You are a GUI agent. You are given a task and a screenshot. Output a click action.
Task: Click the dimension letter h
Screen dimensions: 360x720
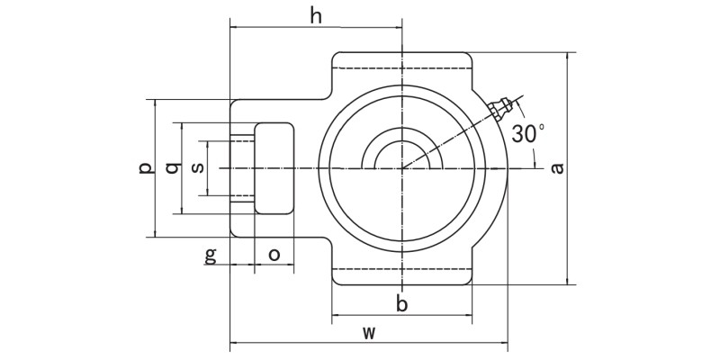pos(315,15)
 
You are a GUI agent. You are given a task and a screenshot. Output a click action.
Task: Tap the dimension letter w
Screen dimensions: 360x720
pos(368,332)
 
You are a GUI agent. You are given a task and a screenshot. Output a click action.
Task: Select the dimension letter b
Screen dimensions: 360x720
pos(402,304)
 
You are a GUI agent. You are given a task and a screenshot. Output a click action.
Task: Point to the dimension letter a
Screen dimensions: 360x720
pos(557,168)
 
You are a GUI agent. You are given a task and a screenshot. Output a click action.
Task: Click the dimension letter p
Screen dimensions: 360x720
pos(145,168)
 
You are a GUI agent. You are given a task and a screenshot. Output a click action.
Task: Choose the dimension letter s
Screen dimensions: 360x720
pos(199,167)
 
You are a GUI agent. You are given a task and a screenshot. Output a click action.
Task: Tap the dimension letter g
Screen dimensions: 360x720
pos(211,255)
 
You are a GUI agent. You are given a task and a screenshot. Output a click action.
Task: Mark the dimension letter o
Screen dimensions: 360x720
pos(274,255)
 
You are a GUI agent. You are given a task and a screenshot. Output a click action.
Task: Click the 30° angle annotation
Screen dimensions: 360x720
pos(527,134)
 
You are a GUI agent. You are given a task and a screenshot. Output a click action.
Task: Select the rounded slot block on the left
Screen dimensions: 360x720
pos(274,168)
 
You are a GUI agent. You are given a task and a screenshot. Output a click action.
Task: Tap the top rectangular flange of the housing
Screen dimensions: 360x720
pos(402,67)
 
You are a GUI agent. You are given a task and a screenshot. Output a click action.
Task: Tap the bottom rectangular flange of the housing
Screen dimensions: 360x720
pos(402,274)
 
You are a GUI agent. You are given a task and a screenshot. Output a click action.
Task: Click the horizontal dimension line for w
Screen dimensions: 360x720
pos(297,343)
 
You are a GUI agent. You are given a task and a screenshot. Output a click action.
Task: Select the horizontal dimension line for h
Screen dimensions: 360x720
pos(270,27)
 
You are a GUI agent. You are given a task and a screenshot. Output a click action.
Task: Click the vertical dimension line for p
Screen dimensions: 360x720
pos(156,207)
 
